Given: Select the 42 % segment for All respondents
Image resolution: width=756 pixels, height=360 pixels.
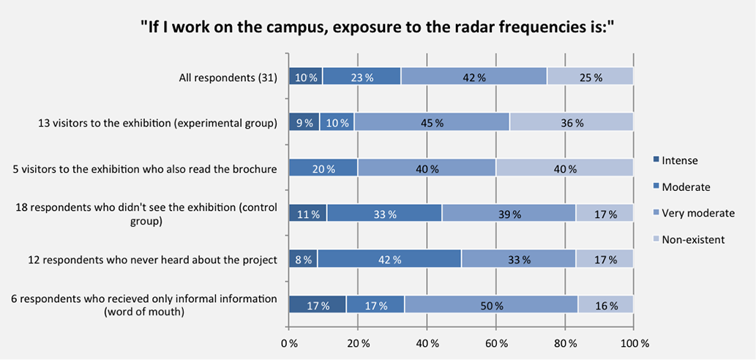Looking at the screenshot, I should (x=474, y=77).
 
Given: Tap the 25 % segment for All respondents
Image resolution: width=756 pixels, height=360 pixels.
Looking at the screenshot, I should (x=590, y=77).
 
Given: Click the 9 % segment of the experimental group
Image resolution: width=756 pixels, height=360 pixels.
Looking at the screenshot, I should (x=304, y=122).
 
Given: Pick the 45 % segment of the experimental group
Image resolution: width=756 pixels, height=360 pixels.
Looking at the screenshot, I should (x=432, y=122).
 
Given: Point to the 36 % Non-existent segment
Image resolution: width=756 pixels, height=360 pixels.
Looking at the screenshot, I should (x=571, y=122).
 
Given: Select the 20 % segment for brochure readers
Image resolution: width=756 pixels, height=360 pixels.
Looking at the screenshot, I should (x=323, y=168).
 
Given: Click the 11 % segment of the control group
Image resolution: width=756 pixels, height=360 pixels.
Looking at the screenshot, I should (x=307, y=214).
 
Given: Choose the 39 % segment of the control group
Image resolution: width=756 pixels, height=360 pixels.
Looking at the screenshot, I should (x=509, y=214).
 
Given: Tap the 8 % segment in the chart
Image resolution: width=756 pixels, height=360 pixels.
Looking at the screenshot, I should (x=303, y=259).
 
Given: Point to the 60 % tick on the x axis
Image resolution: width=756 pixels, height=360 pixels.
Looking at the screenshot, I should (x=495, y=342).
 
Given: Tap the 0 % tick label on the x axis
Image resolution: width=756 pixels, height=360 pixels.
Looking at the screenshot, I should (x=289, y=342).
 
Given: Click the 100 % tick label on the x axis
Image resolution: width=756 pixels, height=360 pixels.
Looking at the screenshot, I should (x=634, y=342).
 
